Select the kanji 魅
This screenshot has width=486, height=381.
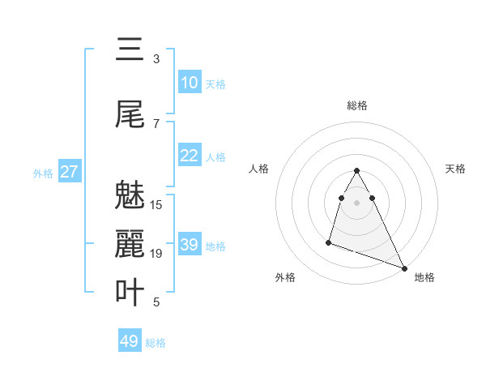(x=130, y=195)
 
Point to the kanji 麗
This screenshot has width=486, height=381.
(x=130, y=244)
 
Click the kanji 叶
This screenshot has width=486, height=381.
(x=130, y=293)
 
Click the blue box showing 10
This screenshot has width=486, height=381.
(x=190, y=83)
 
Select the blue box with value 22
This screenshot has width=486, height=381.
(x=190, y=156)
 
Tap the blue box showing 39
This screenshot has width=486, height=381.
(x=190, y=245)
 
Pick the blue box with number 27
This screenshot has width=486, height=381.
(x=70, y=172)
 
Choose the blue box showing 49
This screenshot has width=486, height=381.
(x=130, y=341)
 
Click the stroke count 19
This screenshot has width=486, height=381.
(x=156, y=254)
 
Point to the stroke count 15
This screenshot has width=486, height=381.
(x=156, y=205)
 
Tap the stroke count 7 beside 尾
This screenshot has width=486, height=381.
(x=156, y=123)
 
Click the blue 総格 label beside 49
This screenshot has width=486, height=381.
(x=156, y=343)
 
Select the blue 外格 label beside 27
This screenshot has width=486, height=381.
(x=43, y=173)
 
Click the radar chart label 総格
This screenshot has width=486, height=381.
(x=357, y=105)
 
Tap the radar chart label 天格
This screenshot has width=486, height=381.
(x=456, y=169)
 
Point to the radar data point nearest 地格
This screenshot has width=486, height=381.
(x=404, y=268)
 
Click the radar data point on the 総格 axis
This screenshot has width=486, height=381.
(x=357, y=170)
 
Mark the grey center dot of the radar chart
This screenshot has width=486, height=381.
(x=357, y=202)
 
